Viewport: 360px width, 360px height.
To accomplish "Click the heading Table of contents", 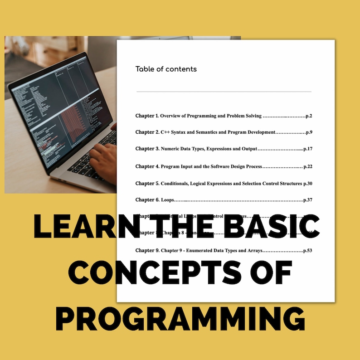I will click(166, 69).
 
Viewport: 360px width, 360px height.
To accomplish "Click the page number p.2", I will click(309, 116).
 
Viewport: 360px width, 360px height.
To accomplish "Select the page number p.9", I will click(309, 132).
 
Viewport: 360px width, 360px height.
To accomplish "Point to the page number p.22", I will click(308, 166).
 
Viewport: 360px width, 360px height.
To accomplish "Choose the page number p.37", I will click(307, 200).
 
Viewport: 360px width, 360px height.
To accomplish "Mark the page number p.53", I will click(307, 250).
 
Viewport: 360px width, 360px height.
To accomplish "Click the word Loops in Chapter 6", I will click(168, 200).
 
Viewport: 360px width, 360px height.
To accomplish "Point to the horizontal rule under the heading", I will click(224, 92).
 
